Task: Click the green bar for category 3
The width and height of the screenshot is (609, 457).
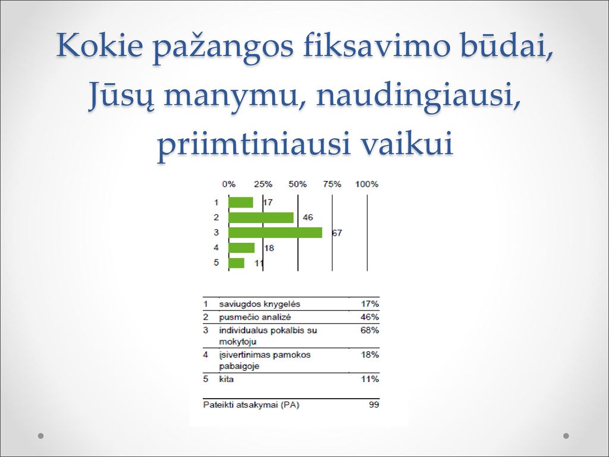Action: [275, 233]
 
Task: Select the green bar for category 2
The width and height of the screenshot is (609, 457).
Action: [261, 218]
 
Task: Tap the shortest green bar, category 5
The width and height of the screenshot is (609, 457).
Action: [237, 263]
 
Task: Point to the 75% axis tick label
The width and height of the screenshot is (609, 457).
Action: [332, 184]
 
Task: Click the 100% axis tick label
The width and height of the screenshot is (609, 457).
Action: [366, 184]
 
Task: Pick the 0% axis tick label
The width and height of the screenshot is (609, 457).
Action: [229, 184]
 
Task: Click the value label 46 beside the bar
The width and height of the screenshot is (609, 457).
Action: [307, 217]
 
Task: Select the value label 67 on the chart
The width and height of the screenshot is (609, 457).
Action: [337, 233]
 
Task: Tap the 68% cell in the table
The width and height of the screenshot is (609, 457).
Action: [370, 330]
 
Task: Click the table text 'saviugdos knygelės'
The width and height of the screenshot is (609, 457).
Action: [259, 304]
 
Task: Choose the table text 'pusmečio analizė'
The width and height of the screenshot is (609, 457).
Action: [255, 317]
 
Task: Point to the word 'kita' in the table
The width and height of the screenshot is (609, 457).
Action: [227, 379]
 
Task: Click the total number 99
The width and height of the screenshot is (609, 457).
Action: [374, 405]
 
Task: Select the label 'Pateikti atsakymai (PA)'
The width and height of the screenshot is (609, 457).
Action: [252, 405]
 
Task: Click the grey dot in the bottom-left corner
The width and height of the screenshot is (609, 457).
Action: [41, 436]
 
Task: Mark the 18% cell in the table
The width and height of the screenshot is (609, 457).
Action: [370, 355]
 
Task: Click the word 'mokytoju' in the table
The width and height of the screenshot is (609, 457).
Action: [238, 342]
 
